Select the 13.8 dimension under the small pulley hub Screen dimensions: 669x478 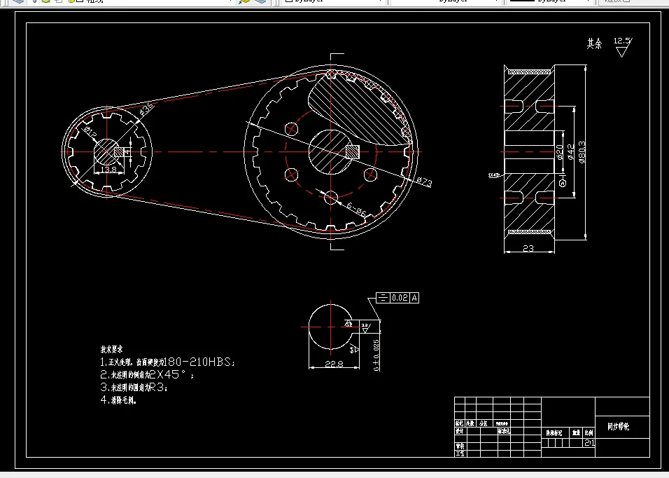click(108, 170)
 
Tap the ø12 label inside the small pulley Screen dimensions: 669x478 click(90, 131)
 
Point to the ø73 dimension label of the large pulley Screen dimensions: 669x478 click(424, 182)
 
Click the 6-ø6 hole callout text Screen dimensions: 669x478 click(355, 208)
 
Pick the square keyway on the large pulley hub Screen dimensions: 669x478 click(353, 151)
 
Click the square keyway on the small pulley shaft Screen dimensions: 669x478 click(119, 151)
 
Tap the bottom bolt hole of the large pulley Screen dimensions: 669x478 click(332, 197)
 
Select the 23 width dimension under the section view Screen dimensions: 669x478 click(528, 248)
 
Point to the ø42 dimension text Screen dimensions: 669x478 click(571, 152)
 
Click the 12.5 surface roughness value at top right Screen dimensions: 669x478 click(621, 41)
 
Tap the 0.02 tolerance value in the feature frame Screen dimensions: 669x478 click(400, 299)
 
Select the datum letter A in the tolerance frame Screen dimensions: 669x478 click(414, 299)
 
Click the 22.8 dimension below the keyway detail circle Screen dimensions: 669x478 click(333, 364)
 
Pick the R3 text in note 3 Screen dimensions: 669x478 click(157, 387)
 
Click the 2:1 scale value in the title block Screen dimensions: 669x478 click(589, 442)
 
